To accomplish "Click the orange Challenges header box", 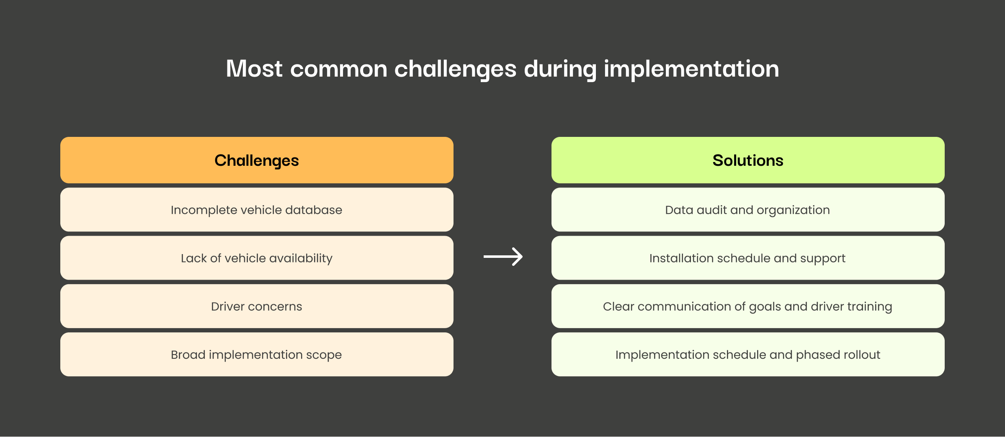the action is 257,160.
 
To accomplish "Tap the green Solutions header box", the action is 748,160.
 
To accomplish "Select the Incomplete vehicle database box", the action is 257,210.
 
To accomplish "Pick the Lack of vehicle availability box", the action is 257,258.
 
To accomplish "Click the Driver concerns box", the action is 257,306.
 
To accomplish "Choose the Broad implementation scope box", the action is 257,355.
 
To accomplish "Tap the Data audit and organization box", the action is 748,210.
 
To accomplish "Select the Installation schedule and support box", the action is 748,258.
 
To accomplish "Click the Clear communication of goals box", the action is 748,306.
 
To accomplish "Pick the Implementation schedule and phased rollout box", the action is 748,355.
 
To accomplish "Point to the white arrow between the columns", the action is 503,257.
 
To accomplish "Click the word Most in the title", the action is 255,69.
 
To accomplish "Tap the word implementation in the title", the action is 691,69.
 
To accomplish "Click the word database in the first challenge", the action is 314,210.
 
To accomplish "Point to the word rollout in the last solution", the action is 862,355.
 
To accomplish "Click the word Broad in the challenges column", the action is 188,355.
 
